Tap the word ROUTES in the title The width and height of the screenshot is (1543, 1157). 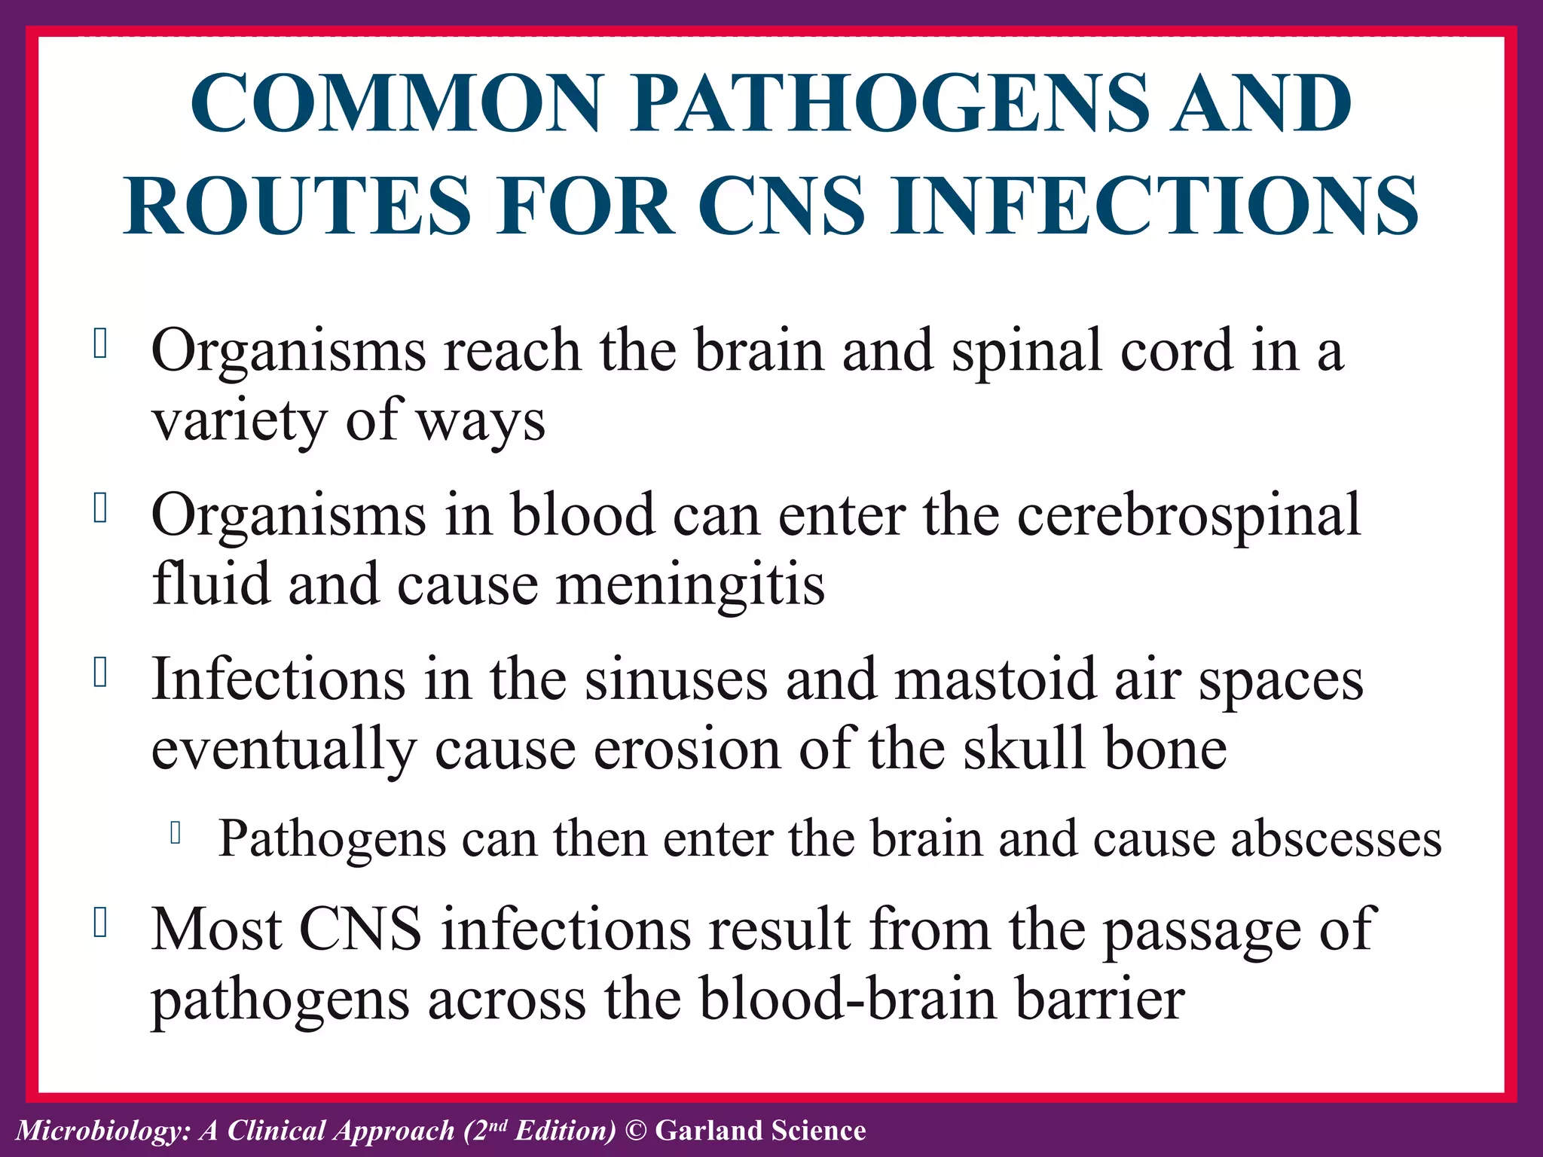pos(298,206)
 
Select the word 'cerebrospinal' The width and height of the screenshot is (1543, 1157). pos(1189,515)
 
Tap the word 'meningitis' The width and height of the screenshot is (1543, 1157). pos(690,585)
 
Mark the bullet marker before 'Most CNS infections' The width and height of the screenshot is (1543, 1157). pos(99,923)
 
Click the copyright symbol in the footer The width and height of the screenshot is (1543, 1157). pos(636,1131)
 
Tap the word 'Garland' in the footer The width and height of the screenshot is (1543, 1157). pos(708,1131)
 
